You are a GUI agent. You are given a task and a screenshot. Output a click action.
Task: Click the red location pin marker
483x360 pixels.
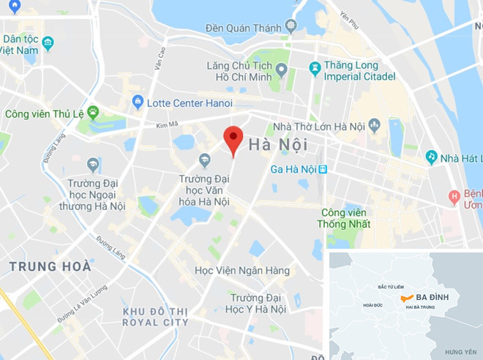[233, 139]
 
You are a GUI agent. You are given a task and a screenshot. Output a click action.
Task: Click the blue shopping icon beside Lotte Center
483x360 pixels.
[138, 104]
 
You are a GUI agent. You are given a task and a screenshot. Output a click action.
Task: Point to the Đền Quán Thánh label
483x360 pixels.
[244, 28]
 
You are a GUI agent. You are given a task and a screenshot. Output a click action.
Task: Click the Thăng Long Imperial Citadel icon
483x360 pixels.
[315, 69]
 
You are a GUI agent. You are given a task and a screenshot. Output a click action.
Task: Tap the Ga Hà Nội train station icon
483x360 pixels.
[322, 169]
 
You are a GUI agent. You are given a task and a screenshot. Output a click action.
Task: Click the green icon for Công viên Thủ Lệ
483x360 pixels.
[93, 112]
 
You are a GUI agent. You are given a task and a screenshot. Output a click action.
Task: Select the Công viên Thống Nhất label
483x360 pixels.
[345, 218]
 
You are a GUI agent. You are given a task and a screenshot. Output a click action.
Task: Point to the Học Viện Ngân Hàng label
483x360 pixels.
[241, 271]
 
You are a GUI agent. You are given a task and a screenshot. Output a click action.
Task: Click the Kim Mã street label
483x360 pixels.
[168, 126]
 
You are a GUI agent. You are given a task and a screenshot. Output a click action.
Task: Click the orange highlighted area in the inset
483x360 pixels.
[406, 299]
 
